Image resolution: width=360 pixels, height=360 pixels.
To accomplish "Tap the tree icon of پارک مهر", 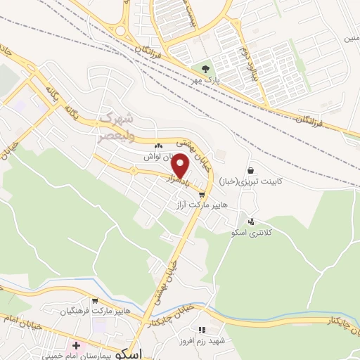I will point(205,69).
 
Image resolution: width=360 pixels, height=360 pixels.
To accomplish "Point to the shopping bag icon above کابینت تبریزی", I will point(251,171).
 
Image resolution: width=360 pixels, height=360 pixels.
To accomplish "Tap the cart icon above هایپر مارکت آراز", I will point(203,195).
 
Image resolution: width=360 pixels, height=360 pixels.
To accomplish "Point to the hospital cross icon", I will point(76,346).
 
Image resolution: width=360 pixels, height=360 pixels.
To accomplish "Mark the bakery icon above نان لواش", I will point(158,146).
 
